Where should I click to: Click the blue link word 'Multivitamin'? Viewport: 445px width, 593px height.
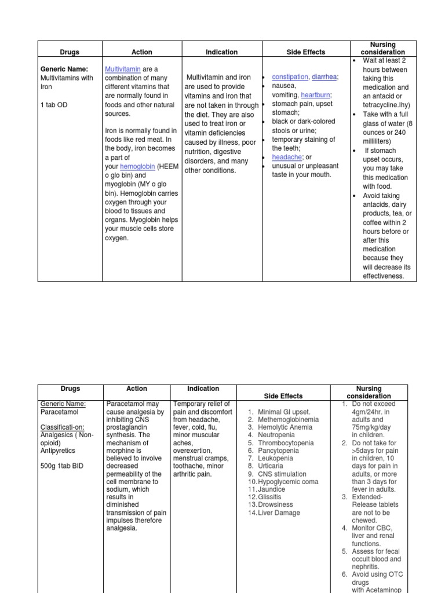tap(123, 69)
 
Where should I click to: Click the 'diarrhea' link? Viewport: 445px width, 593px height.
tap(324, 77)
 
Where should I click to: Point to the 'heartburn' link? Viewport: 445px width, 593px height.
tap(316, 94)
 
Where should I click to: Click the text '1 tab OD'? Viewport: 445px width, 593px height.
tap(54, 105)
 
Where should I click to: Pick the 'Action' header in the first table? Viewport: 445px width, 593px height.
tap(142, 52)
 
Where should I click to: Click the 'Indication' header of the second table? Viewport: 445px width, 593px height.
tap(203, 389)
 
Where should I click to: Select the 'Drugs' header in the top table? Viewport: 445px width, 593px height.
tap(70, 52)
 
